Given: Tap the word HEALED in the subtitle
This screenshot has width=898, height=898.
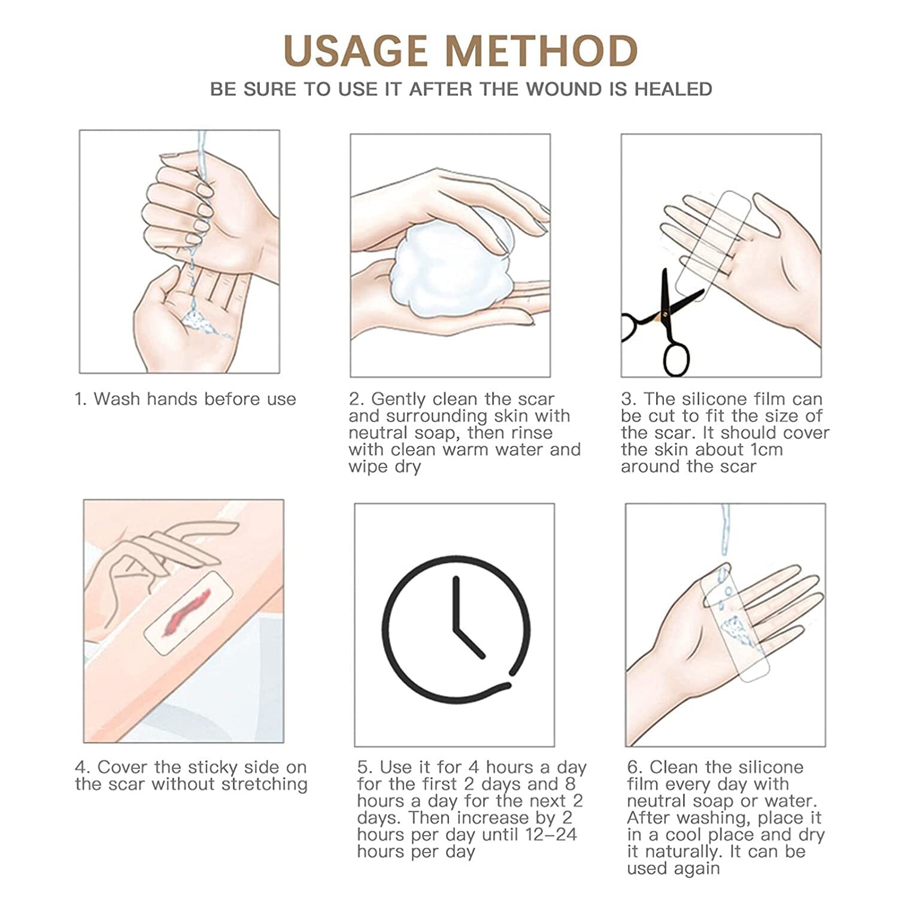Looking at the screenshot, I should point(673,89).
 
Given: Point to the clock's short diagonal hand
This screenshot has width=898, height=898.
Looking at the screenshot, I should point(470,644).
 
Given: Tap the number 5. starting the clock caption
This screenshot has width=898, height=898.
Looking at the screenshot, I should point(365,767).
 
